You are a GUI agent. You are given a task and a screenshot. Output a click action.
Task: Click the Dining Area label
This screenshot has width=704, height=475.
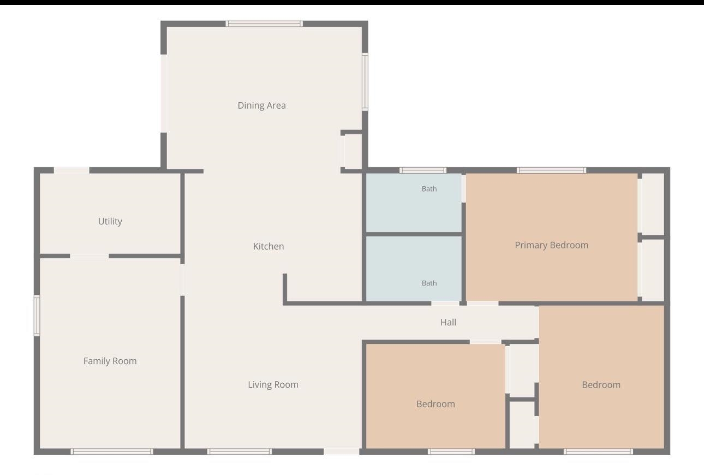tap(261, 105)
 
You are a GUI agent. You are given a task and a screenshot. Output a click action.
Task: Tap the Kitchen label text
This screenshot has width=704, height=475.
tap(269, 246)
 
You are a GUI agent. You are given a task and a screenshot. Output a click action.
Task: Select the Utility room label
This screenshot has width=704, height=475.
tap(110, 221)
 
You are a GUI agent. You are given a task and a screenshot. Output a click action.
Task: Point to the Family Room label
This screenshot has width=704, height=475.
tap(110, 361)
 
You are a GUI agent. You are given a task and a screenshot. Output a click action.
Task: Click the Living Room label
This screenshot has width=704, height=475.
tap(273, 384)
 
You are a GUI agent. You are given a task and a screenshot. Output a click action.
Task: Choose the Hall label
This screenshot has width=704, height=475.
tap(448, 322)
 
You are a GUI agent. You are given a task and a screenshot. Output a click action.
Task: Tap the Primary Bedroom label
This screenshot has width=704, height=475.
tap(552, 245)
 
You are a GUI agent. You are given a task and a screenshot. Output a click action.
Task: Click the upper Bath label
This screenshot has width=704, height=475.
tap(429, 188)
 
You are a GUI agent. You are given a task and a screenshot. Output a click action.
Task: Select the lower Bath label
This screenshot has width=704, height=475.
tap(429, 283)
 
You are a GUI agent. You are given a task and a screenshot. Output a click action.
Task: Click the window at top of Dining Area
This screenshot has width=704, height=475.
tap(264, 23)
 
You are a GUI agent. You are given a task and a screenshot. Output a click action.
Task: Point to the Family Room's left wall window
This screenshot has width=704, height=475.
tap(37, 316)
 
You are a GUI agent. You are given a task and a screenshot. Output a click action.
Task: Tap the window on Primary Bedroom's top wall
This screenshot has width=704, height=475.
tap(552, 170)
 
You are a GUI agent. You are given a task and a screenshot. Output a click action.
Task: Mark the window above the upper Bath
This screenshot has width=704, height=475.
tap(423, 170)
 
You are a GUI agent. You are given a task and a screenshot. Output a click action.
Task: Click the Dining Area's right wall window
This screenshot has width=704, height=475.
tap(365, 82)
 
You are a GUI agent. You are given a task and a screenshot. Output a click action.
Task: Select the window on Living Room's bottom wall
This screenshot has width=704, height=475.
tap(240, 452)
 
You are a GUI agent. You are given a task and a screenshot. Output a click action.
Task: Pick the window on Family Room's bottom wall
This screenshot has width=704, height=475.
tap(112, 452)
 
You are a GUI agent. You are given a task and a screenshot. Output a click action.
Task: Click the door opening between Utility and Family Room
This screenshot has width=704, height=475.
tap(90, 256)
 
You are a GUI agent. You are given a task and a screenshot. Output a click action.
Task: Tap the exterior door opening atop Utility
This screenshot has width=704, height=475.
tap(71, 170)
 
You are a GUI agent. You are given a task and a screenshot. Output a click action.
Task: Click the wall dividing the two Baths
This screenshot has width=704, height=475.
tap(414, 234)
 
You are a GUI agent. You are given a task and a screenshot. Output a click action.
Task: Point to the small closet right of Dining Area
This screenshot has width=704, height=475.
tap(353, 152)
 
